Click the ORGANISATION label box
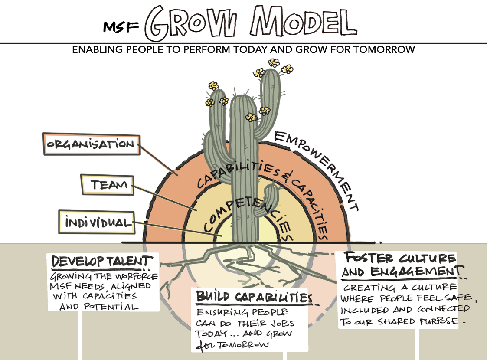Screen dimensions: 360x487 coord(91,144)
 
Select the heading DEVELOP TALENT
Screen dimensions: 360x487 coord(102,262)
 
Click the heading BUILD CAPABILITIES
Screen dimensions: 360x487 coord(254,297)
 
